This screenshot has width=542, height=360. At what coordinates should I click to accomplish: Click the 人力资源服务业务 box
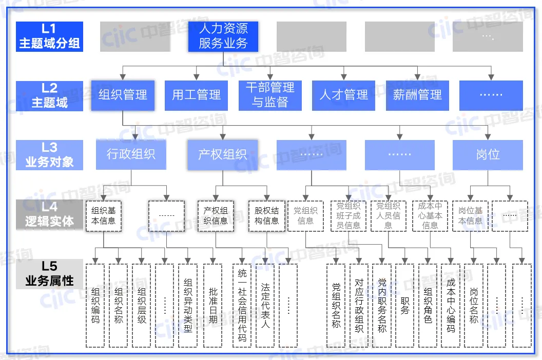(223, 36)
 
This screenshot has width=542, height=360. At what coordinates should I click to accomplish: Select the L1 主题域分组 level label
(49, 36)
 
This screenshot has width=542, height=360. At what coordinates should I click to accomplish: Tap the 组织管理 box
(123, 95)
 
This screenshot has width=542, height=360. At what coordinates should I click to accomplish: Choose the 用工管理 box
(196, 95)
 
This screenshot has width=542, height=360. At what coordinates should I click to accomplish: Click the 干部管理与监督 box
(270, 95)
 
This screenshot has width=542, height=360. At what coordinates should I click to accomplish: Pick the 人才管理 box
(343, 95)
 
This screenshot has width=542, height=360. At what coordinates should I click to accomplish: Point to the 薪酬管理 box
(417, 95)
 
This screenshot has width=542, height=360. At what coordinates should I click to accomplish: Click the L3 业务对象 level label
(49, 155)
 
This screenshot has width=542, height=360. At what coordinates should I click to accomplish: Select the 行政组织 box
(131, 154)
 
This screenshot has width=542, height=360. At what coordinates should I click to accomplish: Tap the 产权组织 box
(222, 154)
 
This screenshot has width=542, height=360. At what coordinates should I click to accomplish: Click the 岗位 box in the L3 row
(488, 154)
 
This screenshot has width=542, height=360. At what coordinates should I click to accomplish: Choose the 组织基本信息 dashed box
(104, 216)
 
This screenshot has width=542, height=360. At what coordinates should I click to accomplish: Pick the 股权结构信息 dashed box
(267, 216)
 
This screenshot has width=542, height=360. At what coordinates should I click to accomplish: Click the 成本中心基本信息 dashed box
(430, 216)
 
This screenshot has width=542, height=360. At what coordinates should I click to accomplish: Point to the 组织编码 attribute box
(95, 305)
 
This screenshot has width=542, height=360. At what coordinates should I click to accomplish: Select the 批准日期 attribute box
(212, 305)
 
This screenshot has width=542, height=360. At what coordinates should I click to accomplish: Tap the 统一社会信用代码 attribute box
(242, 305)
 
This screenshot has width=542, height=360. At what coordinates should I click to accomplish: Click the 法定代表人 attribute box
(265, 305)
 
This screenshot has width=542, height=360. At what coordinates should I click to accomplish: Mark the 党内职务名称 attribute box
(382, 305)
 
